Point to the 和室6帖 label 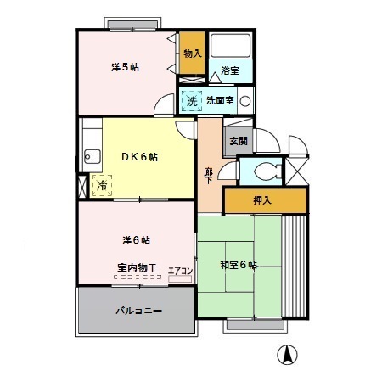pos(239,264)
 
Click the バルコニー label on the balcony pos(138,311)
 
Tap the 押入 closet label pos(263,201)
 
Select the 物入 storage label pos(192,53)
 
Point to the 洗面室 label pos(220,101)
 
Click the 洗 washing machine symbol pos(192,101)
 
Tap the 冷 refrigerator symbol pos(102,184)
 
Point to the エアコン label pos(180,272)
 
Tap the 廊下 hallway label pos(209,176)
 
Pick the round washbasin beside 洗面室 pos(245,101)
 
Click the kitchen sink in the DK pos(90,154)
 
